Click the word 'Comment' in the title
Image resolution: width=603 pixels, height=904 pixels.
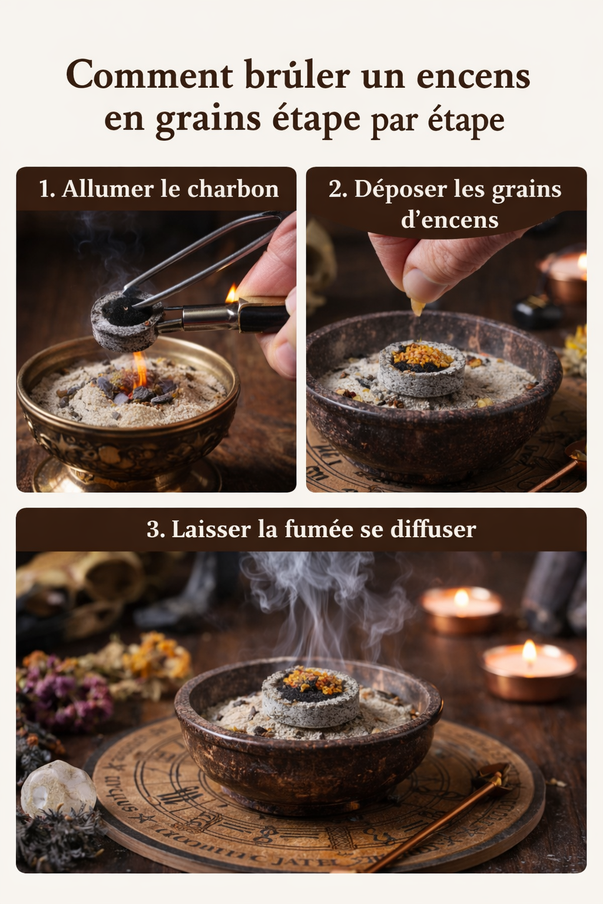[150, 76]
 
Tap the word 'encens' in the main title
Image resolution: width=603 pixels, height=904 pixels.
[473, 76]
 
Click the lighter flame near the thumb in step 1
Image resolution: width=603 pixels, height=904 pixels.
[232, 293]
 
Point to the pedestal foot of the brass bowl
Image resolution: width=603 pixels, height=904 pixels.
[127, 477]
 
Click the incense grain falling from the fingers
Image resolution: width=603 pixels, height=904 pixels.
[418, 307]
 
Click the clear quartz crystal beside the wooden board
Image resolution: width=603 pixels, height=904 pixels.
[58, 788]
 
